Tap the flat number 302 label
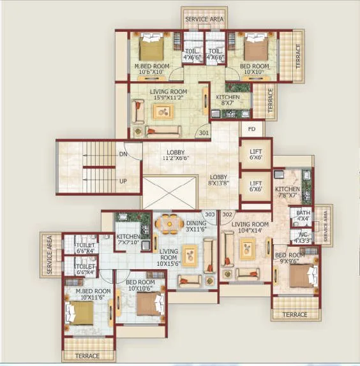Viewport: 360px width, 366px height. coord(227,215)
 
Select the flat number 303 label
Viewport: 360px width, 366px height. coord(209,215)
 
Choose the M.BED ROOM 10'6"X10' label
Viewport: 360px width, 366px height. coord(151,70)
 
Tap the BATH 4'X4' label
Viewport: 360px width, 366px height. coord(303,216)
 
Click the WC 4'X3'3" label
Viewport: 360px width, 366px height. coord(303,238)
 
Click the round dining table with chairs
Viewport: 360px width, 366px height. coord(169,224)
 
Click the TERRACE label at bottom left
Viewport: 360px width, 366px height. coord(87,356)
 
